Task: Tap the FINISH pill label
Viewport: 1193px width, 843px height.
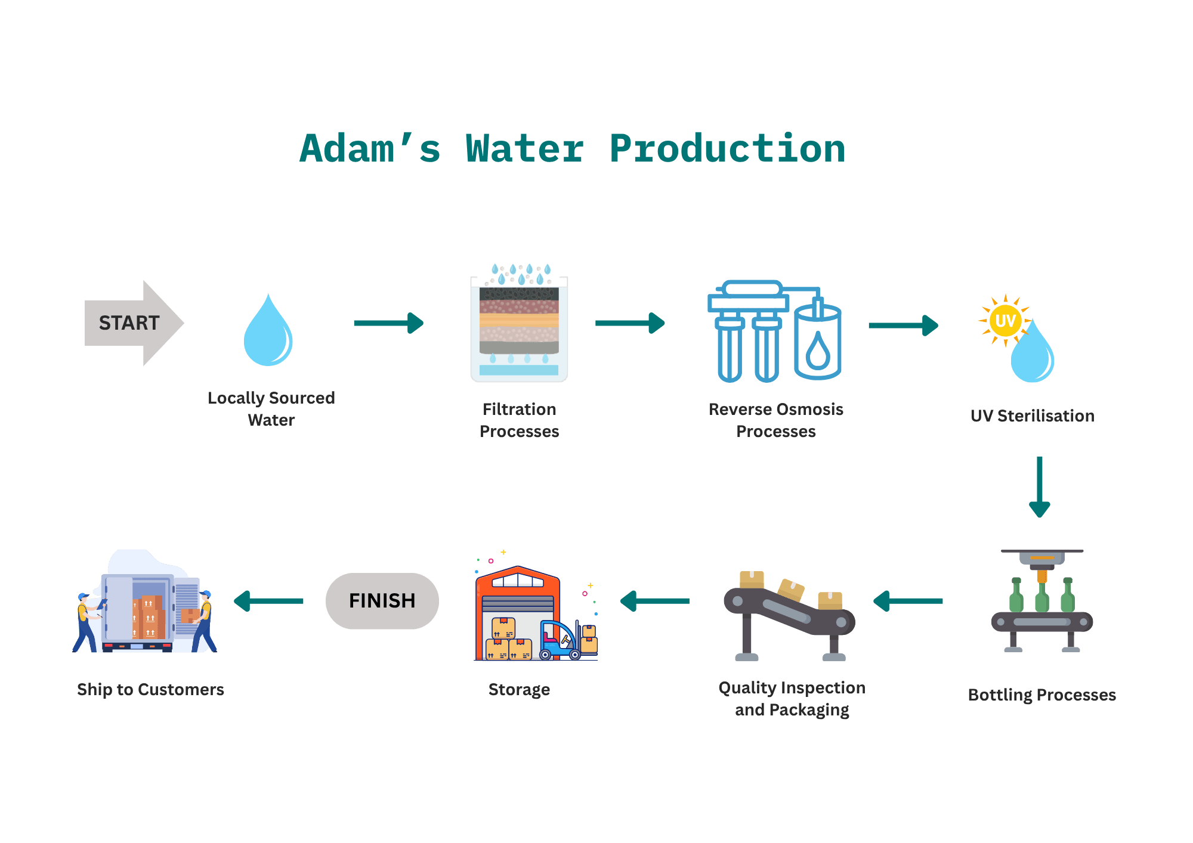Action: click(382, 601)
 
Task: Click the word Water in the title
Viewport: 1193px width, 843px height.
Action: click(524, 149)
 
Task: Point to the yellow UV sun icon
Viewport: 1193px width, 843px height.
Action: click(1005, 321)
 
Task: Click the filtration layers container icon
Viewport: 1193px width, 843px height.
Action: click(519, 325)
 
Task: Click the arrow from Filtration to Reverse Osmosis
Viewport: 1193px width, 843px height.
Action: click(629, 323)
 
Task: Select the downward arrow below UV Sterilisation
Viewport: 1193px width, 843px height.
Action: click(1039, 486)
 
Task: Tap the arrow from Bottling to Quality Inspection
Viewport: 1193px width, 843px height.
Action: click(908, 601)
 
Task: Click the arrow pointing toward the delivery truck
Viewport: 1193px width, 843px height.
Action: click(268, 601)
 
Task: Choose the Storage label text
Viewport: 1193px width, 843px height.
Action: click(519, 690)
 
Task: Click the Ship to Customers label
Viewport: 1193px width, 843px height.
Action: click(150, 690)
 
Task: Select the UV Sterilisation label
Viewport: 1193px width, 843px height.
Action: click(1032, 416)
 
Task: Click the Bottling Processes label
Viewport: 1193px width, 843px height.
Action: click(1041, 695)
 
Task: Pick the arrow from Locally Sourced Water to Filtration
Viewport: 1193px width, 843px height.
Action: click(388, 323)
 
